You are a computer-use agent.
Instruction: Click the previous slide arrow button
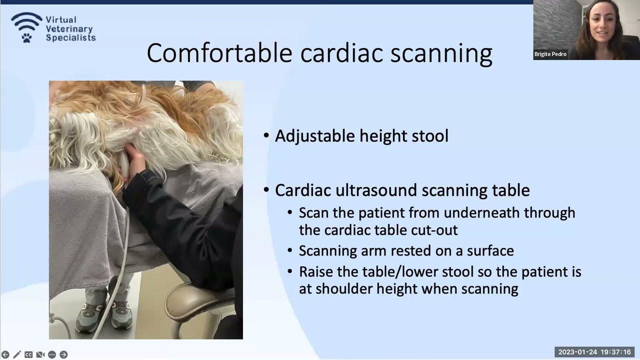(x=5, y=354)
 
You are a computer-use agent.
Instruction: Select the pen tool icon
(x=17, y=354)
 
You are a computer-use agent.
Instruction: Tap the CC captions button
(x=28, y=354)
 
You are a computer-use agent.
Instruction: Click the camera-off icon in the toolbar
(x=40, y=354)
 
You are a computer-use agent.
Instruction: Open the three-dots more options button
(x=52, y=354)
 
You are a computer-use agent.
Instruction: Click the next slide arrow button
(x=63, y=354)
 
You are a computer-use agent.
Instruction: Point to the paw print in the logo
(x=26, y=37)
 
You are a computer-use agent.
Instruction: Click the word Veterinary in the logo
(x=68, y=28)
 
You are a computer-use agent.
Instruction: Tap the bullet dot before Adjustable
(x=266, y=135)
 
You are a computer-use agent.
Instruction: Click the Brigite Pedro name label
(x=550, y=54)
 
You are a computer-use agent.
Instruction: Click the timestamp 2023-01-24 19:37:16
(x=594, y=352)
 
